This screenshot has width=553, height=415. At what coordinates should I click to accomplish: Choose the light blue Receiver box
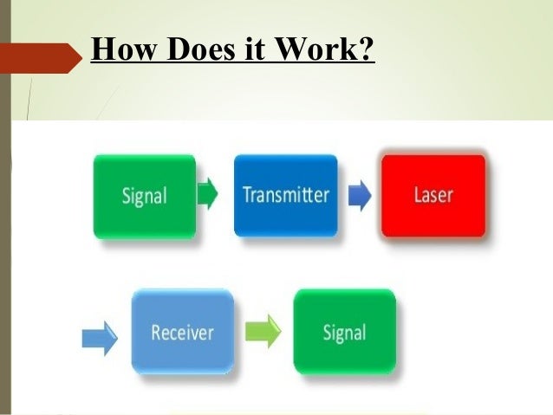click(x=182, y=332)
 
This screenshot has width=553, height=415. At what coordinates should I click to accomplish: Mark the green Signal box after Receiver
click(x=344, y=332)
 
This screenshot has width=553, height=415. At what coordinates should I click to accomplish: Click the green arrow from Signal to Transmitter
click(x=208, y=193)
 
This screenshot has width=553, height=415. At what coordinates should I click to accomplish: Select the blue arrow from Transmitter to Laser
click(x=359, y=194)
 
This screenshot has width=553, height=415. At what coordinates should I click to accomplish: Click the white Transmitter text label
click(x=285, y=194)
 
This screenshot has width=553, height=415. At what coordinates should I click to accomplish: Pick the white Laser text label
click(x=433, y=194)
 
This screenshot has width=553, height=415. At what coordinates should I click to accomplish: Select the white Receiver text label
click(x=182, y=332)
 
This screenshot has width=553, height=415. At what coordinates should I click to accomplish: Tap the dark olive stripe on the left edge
click(x=4, y=217)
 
